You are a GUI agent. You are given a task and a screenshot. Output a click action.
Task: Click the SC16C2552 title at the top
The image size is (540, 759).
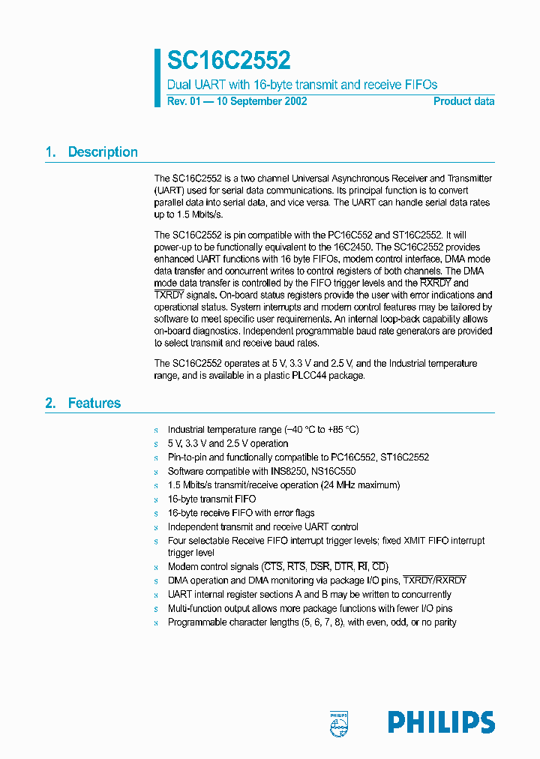click(229, 60)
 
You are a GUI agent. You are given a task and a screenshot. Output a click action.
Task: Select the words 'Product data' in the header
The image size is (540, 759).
click(463, 101)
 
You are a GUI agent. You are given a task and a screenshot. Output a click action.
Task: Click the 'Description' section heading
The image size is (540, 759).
click(103, 152)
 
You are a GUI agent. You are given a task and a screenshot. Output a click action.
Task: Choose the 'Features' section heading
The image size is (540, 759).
click(94, 403)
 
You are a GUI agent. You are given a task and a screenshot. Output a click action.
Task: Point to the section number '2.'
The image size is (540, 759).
click(51, 403)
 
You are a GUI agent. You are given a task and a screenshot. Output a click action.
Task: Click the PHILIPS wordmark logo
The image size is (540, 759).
click(441, 721)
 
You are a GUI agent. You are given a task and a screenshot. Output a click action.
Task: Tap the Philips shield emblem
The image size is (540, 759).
click(339, 721)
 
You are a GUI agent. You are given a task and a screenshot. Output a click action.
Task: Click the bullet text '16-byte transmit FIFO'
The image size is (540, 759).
click(211, 499)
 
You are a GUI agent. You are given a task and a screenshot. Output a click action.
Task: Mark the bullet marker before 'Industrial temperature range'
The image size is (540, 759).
click(156, 430)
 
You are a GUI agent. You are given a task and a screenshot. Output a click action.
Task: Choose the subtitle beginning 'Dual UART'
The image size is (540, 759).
click(301, 85)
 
